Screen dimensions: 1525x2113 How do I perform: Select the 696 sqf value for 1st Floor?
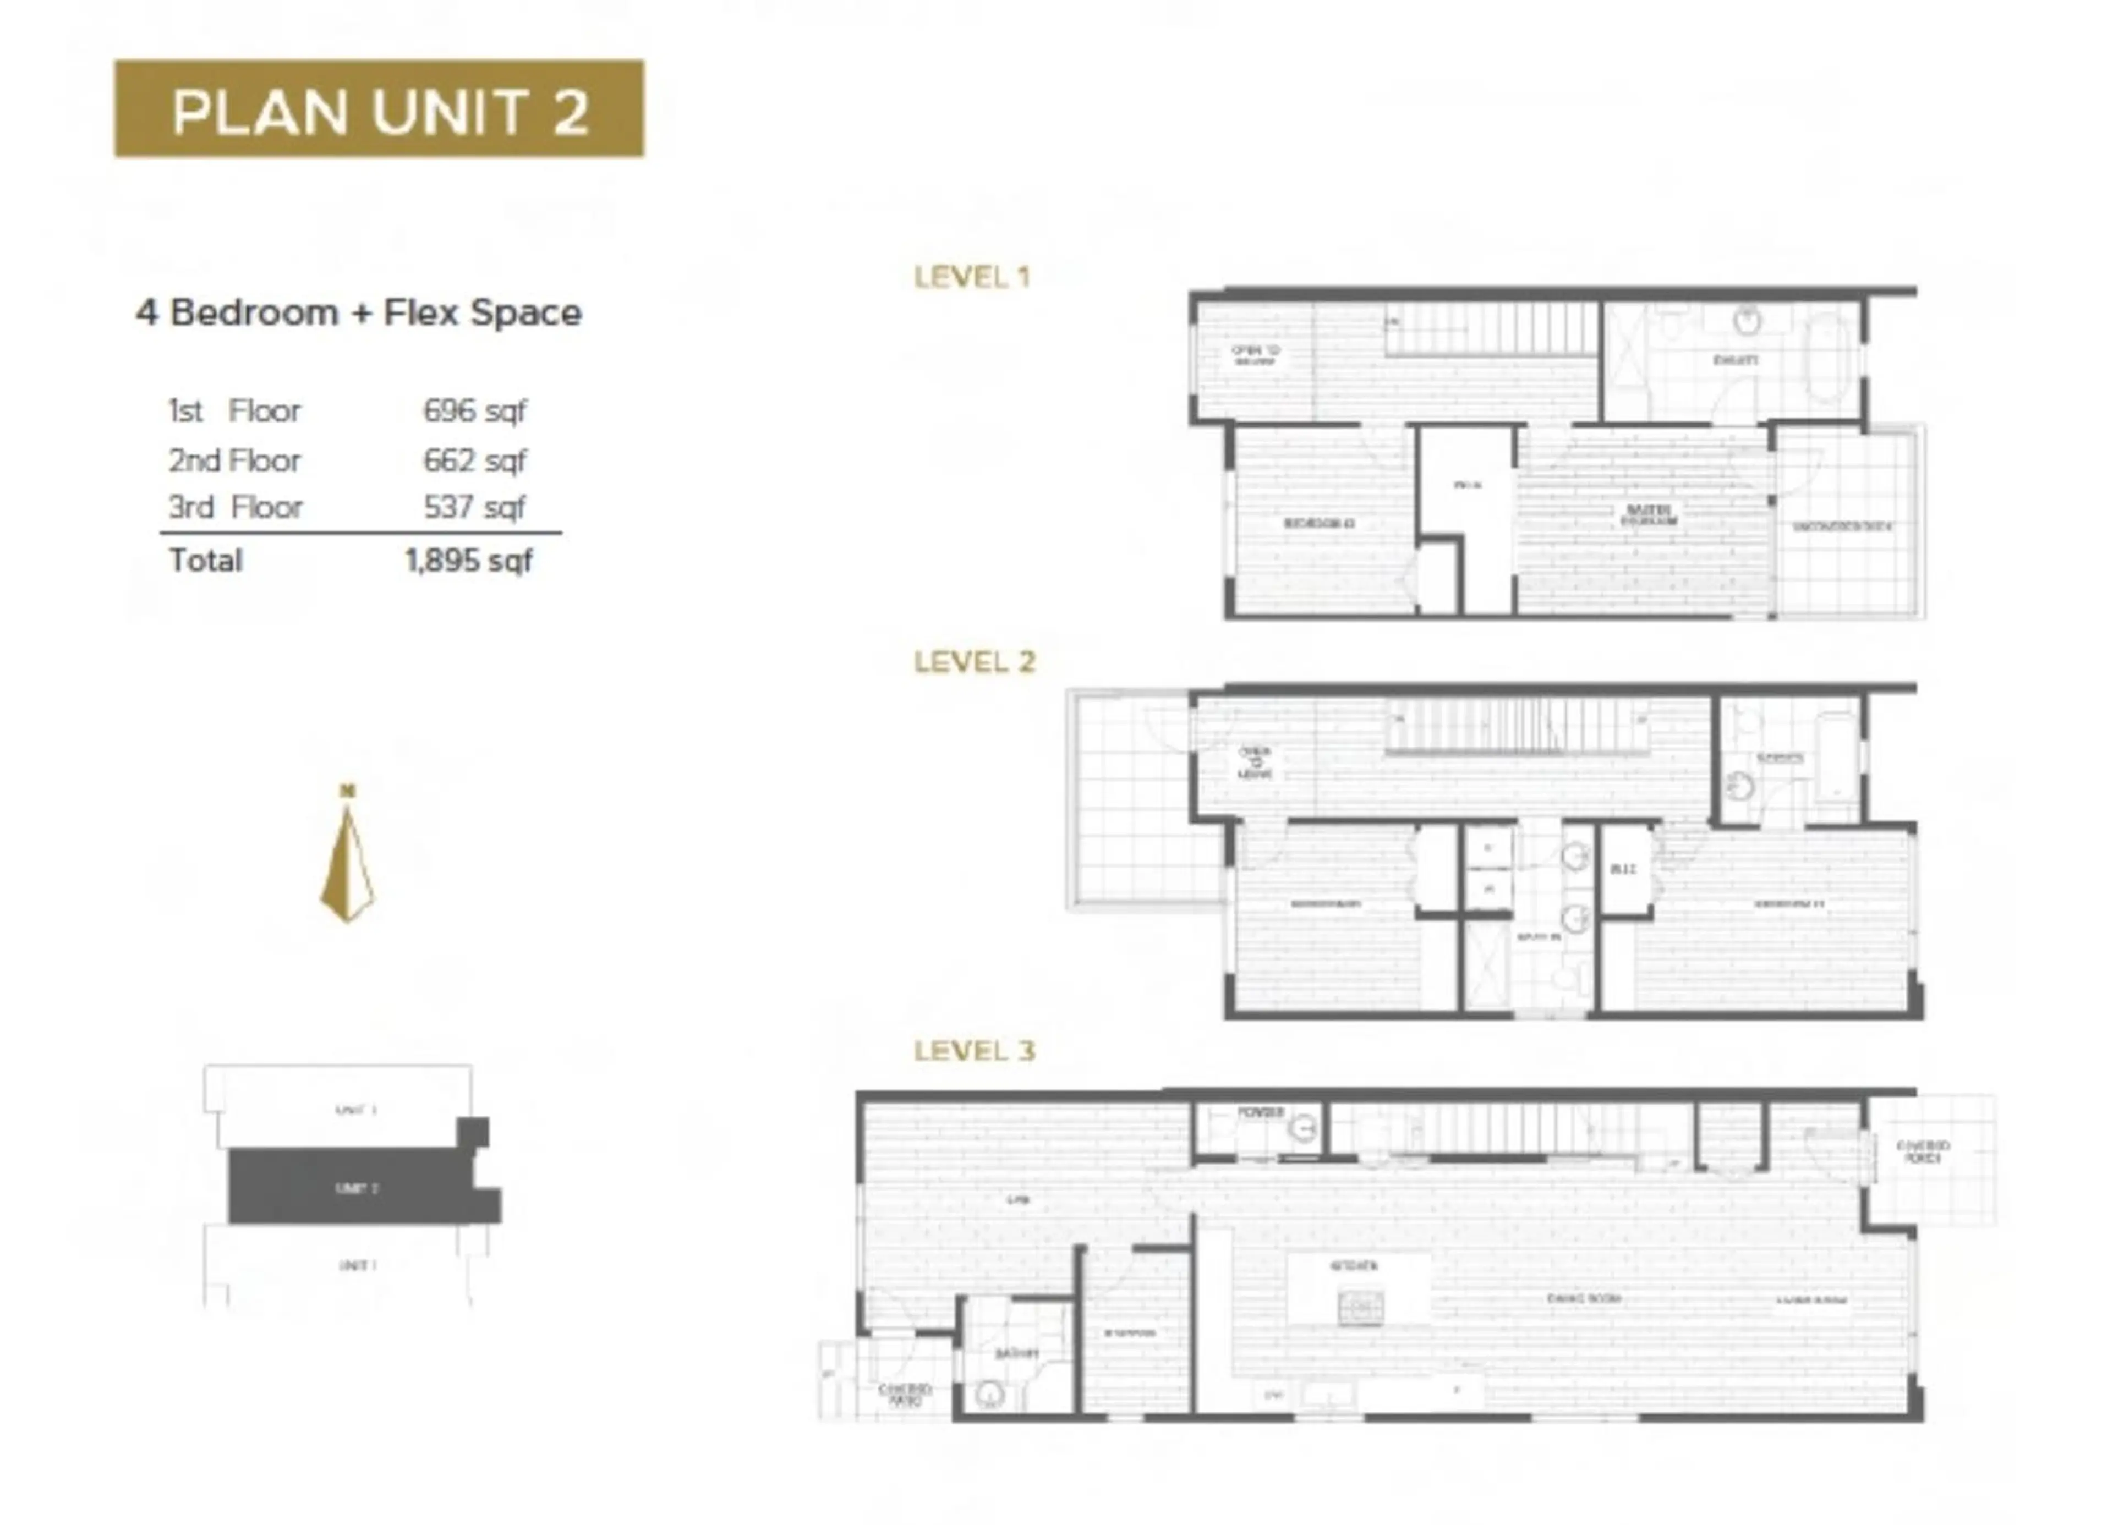pyautogui.click(x=474, y=411)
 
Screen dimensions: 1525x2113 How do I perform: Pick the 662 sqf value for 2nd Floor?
pyautogui.click(x=474, y=460)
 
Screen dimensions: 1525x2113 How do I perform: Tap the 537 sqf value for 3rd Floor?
pyautogui.click(x=474, y=508)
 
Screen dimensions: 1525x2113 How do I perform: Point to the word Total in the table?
pyautogui.click(x=205, y=561)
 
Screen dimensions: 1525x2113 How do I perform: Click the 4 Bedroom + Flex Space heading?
pyautogui.click(x=359, y=313)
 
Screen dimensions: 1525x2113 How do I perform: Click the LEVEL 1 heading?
pyautogui.click(x=972, y=277)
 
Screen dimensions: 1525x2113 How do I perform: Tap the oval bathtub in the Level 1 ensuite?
pyautogui.click(x=1830, y=357)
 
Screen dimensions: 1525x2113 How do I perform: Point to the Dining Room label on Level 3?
pyautogui.click(x=1584, y=1298)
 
